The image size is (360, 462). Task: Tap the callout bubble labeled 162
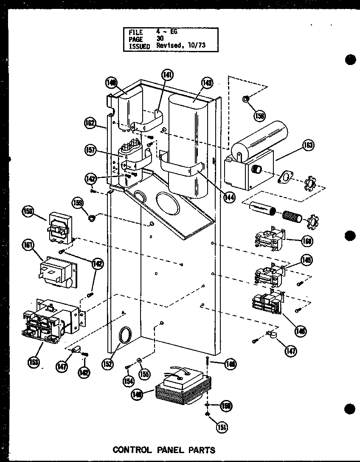(x=90, y=123)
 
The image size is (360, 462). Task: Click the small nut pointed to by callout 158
(x=246, y=99)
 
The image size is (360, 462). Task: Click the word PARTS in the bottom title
(x=199, y=450)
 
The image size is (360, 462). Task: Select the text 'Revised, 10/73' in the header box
(x=181, y=45)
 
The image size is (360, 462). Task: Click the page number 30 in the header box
(x=160, y=38)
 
